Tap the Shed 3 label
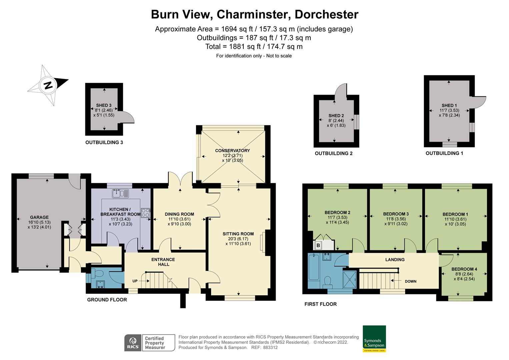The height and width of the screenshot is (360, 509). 104,105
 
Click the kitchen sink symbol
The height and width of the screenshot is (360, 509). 121,193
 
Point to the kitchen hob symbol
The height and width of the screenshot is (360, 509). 146,213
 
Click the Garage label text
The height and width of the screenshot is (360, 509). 39,217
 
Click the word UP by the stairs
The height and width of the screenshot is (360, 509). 135,281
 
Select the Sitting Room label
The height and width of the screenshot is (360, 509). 238,234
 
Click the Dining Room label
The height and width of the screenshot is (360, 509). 179,214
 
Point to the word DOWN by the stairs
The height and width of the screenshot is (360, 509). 411,281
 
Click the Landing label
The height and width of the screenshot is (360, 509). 395,260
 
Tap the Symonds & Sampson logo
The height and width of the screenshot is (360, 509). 374,338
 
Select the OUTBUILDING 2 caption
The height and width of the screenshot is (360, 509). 334,153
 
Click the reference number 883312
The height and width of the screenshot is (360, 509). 270,348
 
